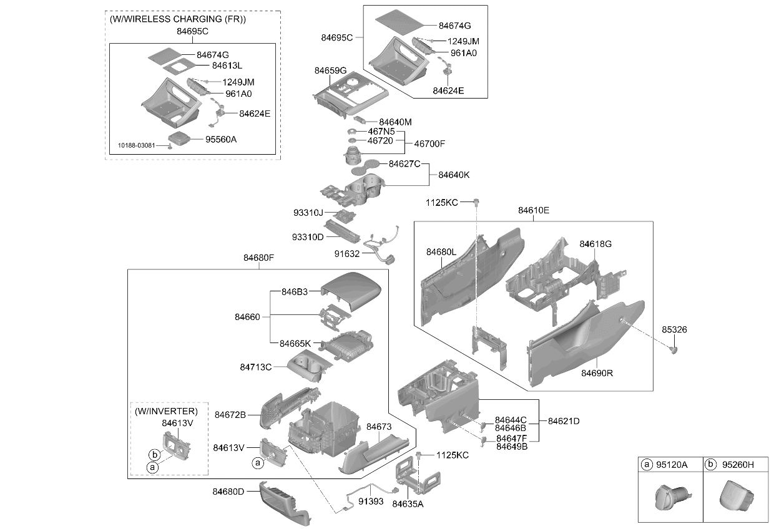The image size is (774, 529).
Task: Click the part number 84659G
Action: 330,70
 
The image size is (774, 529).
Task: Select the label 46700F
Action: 429,143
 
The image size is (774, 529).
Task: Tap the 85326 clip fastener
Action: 674,350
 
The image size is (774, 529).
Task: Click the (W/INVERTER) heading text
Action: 166,411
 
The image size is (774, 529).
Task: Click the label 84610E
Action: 534,210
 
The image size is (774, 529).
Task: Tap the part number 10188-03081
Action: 137,145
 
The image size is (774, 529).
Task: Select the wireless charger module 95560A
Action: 179,138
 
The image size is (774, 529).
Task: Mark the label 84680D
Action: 228,492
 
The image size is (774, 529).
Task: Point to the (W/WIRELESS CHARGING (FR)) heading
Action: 178,19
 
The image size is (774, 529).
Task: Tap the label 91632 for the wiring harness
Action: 347,254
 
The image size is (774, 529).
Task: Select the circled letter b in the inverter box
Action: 154,455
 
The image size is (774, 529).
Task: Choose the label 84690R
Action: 597,373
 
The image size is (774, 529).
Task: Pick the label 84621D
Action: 564,421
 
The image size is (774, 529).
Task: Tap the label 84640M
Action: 395,122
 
